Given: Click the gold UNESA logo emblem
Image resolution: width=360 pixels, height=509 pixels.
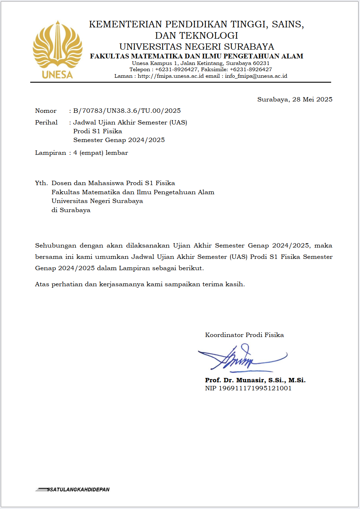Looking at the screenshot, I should click(57, 49).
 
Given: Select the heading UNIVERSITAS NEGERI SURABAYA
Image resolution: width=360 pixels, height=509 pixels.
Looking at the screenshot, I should click(196, 47).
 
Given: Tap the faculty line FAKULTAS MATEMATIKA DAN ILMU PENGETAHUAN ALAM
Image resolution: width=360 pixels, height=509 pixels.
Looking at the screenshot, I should click(196, 56).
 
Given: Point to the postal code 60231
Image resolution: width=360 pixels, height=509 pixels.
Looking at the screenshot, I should click(261, 63).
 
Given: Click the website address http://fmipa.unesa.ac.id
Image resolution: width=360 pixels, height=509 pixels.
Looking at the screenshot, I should click(171, 76).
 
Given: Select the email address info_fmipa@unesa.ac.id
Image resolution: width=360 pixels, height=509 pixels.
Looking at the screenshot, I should click(256, 76).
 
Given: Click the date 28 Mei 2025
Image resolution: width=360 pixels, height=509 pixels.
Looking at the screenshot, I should click(312, 99).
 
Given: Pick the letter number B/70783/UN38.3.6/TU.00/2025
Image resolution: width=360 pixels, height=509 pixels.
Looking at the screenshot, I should click(127, 111).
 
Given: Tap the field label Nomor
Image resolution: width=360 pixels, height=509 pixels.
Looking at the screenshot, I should click(46, 111).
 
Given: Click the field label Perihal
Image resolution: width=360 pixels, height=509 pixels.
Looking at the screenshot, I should click(46, 122).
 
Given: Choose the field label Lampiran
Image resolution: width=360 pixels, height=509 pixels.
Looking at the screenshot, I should click(50, 153).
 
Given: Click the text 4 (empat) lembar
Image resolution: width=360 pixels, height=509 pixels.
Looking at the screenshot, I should click(100, 153).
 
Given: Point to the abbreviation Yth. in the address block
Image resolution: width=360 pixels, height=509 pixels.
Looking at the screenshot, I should click(41, 183).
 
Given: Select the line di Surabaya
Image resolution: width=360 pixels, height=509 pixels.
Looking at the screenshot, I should click(71, 210).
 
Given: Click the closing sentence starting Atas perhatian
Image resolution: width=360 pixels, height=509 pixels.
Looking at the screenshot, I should click(140, 284).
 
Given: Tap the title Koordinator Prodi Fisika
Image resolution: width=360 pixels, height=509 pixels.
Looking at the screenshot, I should click(244, 335).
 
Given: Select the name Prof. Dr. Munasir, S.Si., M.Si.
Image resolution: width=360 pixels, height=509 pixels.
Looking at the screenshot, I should click(255, 380).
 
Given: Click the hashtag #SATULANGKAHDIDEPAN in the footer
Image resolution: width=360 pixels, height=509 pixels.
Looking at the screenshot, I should click(78, 489).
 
